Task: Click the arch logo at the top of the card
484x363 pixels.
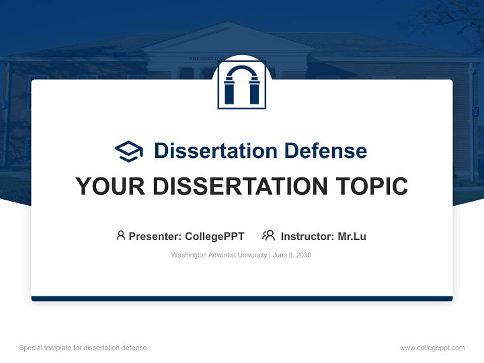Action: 242,85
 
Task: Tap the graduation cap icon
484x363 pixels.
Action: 129,151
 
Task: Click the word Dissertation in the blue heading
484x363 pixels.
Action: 216,151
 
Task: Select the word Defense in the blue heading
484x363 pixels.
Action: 326,151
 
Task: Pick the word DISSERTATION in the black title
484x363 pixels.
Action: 240,186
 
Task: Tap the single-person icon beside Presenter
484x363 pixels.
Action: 120,235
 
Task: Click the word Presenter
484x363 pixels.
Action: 155,236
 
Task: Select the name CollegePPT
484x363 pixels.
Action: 215,236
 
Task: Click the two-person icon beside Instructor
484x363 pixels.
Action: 269,235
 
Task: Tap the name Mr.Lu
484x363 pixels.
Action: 352,236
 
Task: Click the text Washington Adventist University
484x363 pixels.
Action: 219,255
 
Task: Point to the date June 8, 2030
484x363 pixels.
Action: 292,255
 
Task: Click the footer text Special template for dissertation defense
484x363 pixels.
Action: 83,348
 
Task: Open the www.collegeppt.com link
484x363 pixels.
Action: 432,348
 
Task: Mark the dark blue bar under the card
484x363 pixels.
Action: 242,299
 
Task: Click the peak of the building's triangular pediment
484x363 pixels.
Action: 227,22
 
